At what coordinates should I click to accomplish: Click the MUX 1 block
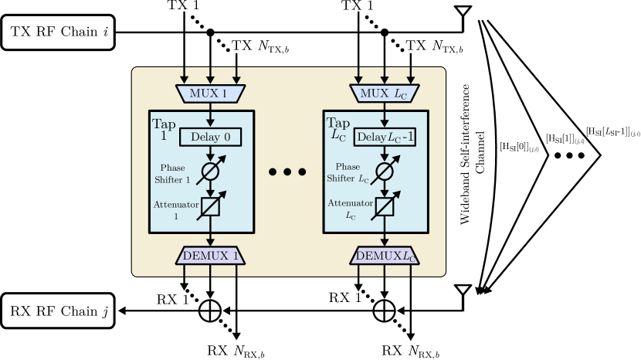pos(210,93)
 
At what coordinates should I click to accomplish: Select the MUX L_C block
pos(384,93)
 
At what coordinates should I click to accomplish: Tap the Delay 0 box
pos(210,137)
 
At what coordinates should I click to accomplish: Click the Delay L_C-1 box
pos(385,137)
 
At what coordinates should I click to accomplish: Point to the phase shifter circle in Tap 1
pos(210,171)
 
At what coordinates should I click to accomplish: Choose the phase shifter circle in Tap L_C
pos(385,171)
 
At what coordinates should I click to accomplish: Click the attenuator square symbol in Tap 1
pos(210,206)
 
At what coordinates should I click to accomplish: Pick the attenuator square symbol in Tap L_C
pos(385,206)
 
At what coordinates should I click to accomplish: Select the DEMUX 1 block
pos(210,255)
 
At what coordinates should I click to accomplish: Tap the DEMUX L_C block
pos(385,255)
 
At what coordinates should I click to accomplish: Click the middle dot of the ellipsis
pos(287,172)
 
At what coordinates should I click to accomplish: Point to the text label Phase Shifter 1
pos(172,174)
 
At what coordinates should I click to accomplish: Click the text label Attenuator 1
pos(175,210)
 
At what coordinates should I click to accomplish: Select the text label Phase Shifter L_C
pos(348,173)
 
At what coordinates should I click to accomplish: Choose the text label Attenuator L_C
pos(351,209)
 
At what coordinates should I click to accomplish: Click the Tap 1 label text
pos(164,129)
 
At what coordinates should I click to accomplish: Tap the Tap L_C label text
pos(337,128)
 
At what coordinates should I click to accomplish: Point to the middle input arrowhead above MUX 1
pos(210,79)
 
